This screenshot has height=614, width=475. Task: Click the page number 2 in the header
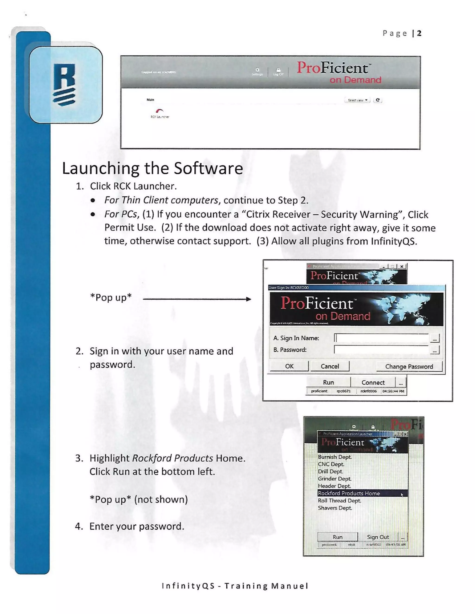(419, 33)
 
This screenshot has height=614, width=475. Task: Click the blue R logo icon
(64, 85)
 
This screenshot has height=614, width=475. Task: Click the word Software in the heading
(208, 168)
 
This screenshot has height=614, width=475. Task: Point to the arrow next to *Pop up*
(197, 299)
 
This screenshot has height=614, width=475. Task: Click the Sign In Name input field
(381, 338)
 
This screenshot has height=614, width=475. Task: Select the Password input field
(381, 350)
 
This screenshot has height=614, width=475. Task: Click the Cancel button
(330, 366)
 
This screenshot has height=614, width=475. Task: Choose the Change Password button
(409, 366)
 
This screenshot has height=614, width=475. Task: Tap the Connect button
(373, 382)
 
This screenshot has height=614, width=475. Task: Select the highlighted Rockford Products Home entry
(349, 493)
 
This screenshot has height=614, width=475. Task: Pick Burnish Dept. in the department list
(335, 457)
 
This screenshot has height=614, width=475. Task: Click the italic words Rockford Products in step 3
(173, 458)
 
